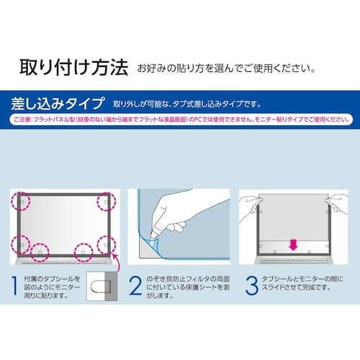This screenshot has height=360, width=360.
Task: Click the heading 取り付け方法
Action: pyautogui.click(x=72, y=69)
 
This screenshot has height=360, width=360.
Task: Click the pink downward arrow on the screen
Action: pyautogui.click(x=293, y=245)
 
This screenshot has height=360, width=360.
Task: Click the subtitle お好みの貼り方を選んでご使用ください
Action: pyautogui.click(x=224, y=70)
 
